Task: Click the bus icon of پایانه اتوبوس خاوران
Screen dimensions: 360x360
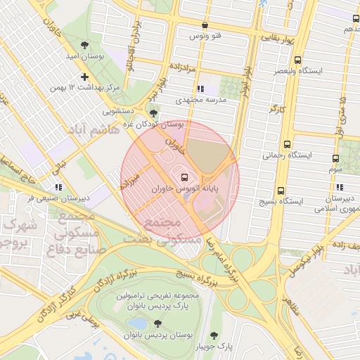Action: click(185, 177)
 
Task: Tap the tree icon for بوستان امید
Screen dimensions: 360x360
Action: click(85, 44)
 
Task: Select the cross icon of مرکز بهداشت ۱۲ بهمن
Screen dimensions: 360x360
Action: click(85, 77)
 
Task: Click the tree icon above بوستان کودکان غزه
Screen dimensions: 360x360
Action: click(154, 112)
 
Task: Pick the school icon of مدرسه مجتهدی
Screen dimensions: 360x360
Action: click(201, 89)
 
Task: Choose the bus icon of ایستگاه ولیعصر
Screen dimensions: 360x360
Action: click(297, 60)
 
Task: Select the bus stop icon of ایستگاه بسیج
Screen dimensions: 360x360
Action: click(281, 190)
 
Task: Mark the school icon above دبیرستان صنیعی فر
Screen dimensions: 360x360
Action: click(58, 187)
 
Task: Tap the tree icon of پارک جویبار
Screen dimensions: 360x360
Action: click(214, 335)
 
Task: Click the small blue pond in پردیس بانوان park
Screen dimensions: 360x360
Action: click(134, 323)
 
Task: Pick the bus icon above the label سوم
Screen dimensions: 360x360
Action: click(336, 158)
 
